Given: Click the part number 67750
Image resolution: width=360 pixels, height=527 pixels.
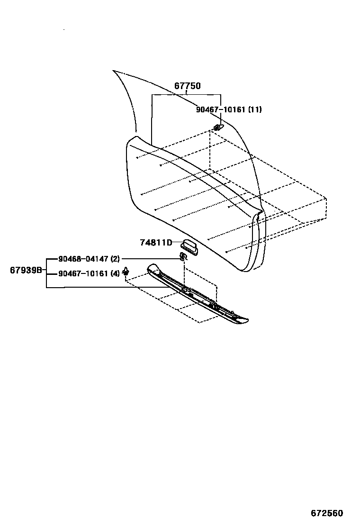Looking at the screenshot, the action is pyautogui.click(x=187, y=86).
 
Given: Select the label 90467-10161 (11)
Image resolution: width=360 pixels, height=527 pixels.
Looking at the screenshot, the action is pyautogui.click(x=229, y=109).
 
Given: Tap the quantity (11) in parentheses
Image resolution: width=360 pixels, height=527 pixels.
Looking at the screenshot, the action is pyautogui.click(x=255, y=109).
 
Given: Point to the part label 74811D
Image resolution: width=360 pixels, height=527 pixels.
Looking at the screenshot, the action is pyautogui.click(x=155, y=243).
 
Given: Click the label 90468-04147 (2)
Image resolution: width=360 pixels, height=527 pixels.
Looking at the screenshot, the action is pyautogui.click(x=89, y=259).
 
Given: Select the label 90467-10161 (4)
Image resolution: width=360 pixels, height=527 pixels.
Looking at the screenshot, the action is pyautogui.click(x=89, y=273).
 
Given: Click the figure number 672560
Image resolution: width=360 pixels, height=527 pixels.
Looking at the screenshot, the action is pyautogui.click(x=327, y=513).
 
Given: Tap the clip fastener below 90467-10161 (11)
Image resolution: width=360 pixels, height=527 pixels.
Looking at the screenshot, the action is pyautogui.click(x=217, y=127).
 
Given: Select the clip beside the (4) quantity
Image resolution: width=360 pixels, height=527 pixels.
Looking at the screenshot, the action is pyautogui.click(x=126, y=272).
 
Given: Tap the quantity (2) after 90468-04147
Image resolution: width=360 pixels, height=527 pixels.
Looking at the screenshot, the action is pyautogui.click(x=115, y=259).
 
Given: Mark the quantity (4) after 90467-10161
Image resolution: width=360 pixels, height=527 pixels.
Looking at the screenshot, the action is pyautogui.click(x=115, y=273).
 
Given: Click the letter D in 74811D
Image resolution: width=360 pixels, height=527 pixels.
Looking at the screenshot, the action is pyautogui.click(x=169, y=243).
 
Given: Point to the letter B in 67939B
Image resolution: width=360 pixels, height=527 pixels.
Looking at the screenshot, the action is pyautogui.click(x=39, y=270).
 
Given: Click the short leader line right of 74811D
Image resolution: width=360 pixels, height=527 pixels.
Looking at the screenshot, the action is pyautogui.click(x=176, y=243).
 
